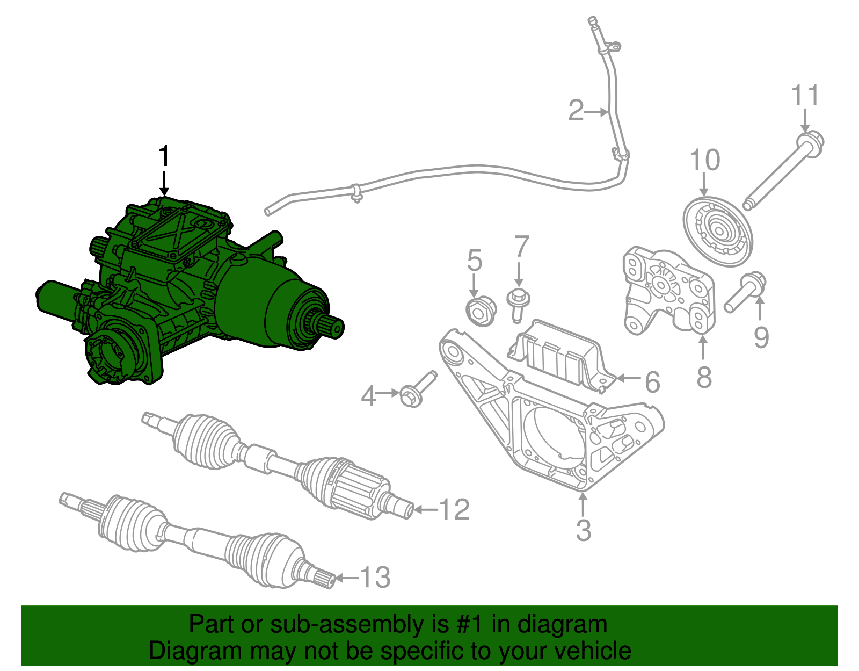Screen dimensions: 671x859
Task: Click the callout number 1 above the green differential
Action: click(164, 157)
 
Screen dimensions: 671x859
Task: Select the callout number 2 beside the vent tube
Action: click(576, 111)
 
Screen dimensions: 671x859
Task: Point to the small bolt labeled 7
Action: click(519, 303)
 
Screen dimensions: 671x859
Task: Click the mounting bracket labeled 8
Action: click(668, 293)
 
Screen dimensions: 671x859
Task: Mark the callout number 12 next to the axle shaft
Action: click(454, 509)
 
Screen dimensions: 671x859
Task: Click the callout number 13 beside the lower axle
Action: click(375, 578)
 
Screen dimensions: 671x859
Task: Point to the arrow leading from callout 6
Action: click(628, 378)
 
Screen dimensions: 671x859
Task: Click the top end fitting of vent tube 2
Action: click(592, 23)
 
